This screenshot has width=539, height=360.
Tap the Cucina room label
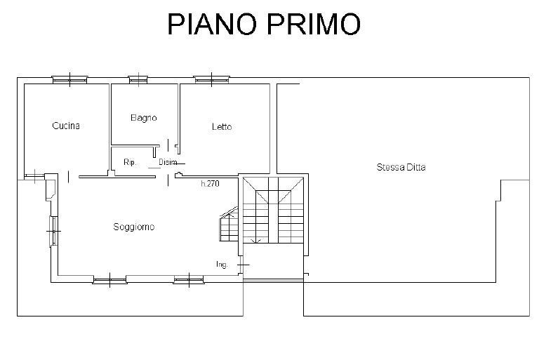[66, 126]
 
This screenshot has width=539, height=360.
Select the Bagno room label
[144, 117]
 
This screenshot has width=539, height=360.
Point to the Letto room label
[222, 126]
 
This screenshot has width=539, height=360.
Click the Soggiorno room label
[134, 227]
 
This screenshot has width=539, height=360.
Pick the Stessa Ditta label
[401, 167]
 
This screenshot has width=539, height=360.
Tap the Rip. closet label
[130, 162]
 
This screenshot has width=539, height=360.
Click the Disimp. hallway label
[168, 162]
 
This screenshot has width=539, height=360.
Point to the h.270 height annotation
[210, 183]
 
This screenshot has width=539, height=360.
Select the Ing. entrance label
[222, 265]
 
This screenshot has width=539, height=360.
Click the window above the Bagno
[138, 79]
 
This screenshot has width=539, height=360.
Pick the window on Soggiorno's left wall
[53, 230]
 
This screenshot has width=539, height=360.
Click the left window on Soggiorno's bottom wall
[109, 280]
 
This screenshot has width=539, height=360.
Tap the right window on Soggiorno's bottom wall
[191, 280]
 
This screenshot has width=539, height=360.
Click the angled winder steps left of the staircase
[229, 225]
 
